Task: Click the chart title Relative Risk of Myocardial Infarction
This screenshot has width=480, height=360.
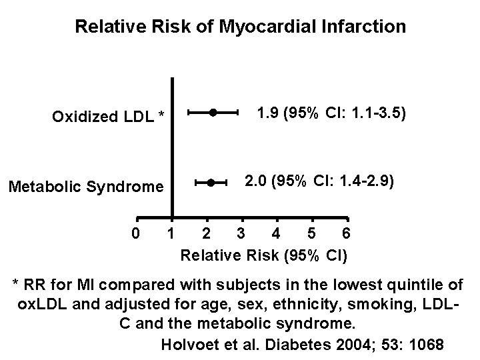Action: (x=240, y=27)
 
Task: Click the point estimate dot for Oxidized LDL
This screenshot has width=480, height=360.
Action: (x=212, y=113)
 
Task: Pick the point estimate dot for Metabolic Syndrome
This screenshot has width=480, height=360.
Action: (x=210, y=182)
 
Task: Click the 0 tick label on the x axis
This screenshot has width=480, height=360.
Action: (x=136, y=234)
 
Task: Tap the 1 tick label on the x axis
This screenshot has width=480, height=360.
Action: (x=171, y=234)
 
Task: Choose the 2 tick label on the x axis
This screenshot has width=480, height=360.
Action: (x=207, y=234)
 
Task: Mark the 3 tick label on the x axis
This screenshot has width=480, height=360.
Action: (x=241, y=234)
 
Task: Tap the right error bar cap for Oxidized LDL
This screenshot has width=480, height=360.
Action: (x=237, y=113)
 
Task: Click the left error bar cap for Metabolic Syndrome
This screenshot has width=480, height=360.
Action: (x=195, y=182)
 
